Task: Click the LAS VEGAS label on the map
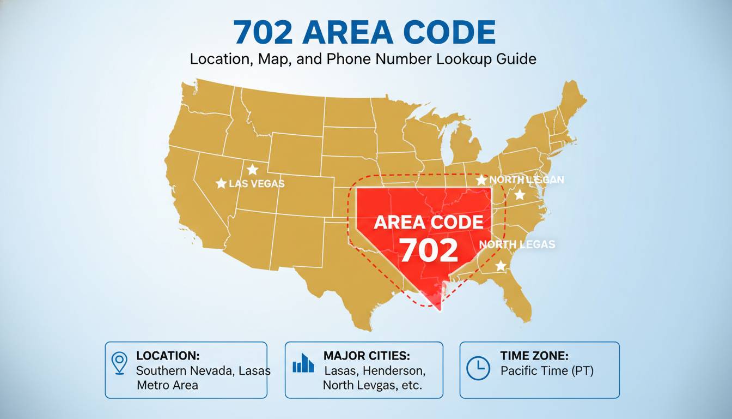pos(257,184)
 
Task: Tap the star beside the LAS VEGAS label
pos(221,184)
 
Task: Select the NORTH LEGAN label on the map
pos(527,179)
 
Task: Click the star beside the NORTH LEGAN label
pos(481,179)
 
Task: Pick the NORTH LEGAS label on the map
pos(517,244)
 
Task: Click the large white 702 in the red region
pos(429,250)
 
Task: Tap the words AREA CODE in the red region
pos(429,222)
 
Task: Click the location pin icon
pos(119,363)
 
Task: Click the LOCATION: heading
pos(168,356)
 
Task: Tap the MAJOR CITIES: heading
pos(367,356)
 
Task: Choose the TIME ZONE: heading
pos(534,356)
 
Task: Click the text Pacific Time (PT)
pos(547,371)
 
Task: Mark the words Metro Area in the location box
pos(167,385)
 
